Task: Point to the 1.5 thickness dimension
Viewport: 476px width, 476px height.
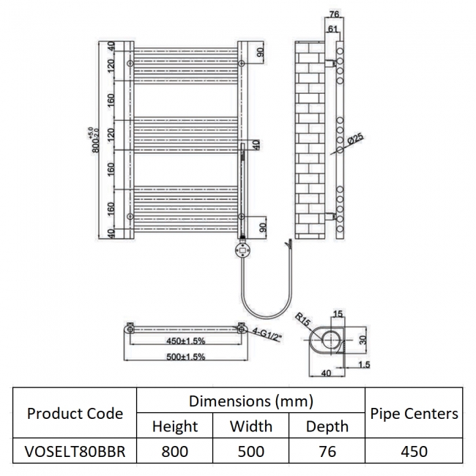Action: pos(364,363)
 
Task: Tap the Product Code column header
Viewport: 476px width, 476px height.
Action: pos(75,414)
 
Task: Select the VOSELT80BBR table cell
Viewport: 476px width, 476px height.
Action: pos(75,452)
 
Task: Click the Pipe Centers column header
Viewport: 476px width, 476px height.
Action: pos(414,414)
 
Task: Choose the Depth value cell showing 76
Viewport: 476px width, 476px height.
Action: pos(326,452)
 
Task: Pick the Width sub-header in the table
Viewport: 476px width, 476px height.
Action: pos(250,425)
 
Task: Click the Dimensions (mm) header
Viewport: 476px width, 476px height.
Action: pos(250,401)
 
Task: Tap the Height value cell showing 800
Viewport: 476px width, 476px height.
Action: pos(174,452)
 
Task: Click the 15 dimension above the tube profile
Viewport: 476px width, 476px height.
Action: pos(337,314)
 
